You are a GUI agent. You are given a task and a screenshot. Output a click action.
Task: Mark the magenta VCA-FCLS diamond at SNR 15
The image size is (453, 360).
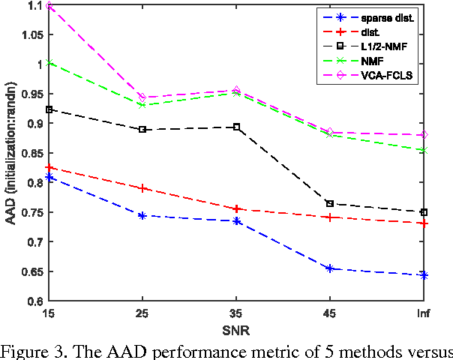coord(49,6)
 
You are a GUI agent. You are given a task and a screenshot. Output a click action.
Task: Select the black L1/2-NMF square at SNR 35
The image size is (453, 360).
coord(237,127)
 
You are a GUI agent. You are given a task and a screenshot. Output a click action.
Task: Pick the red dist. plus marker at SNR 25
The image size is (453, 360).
coord(143,188)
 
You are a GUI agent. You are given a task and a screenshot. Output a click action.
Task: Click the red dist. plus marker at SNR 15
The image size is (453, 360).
coord(49,167)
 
